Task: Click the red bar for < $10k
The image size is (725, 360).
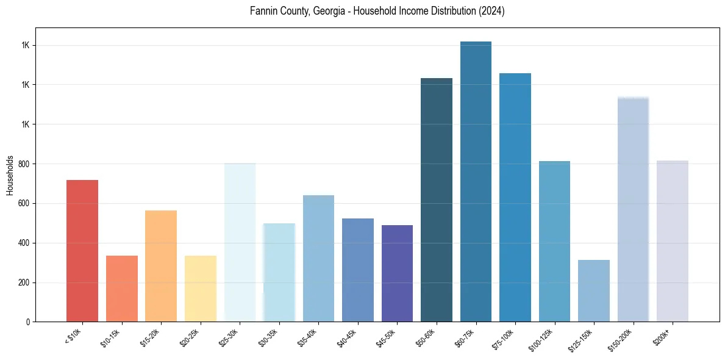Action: [x=82, y=251]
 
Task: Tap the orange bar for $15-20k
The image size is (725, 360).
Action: [x=161, y=266]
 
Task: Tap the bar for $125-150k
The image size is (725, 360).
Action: [x=594, y=290]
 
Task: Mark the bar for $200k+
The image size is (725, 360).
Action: [x=673, y=241]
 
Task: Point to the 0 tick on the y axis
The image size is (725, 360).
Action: [x=28, y=322]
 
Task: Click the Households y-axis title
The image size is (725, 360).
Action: [x=10, y=175]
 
